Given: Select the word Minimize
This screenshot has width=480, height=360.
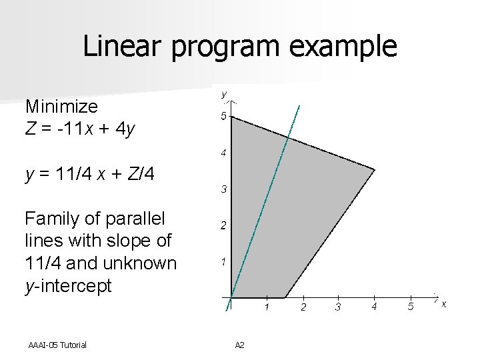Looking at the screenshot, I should coord(61,107).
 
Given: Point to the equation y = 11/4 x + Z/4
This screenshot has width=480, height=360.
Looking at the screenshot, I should coord(90,175).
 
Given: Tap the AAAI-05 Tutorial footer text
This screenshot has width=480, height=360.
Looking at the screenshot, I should coord(57,345).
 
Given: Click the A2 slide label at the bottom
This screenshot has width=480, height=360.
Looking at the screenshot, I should coord(240,345).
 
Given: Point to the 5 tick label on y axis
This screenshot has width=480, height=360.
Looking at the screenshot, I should coord(224,117).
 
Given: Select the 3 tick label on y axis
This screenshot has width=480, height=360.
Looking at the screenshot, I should coord(224,190).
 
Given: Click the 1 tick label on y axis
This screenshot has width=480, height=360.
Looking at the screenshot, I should coord(224,261).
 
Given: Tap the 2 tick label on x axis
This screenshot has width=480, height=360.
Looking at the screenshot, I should coord(303,307).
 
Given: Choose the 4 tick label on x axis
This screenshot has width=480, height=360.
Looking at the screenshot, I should coord(374,307).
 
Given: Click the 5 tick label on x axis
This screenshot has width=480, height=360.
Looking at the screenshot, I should coord(411,307).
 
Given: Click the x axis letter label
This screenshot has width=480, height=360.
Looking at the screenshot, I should coord(444,304).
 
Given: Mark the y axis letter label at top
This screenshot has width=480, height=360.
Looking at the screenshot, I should coord(224,94).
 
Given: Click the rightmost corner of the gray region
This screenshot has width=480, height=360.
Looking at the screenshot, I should coord(375,169).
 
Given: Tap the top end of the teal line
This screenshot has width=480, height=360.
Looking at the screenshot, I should coord(299,106).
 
